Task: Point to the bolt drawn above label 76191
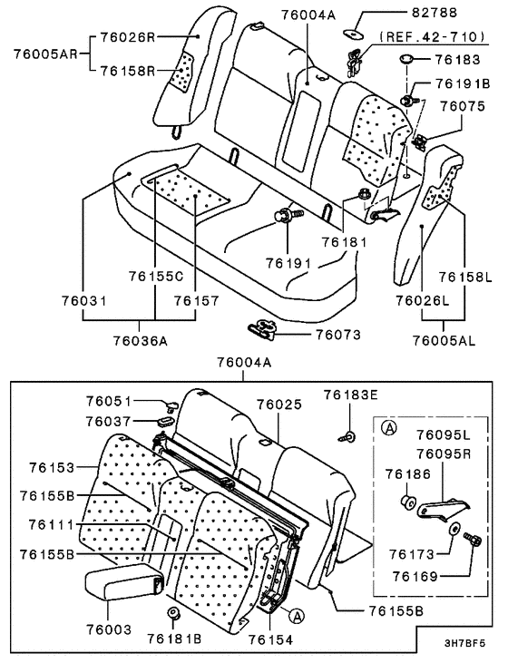coord(285,216)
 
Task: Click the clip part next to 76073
coord(264,330)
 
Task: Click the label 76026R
coord(129,37)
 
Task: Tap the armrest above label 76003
coord(123,585)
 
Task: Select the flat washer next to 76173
coord(452,530)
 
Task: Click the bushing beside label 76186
coord(407,502)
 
